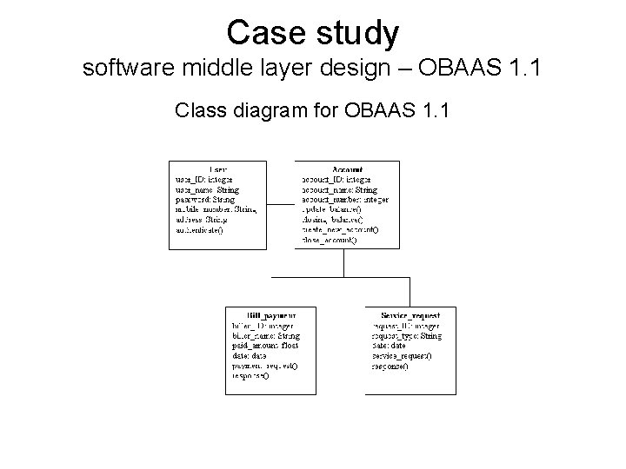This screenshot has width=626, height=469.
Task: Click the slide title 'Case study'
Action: click(x=313, y=33)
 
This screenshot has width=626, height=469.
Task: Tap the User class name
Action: click(x=219, y=168)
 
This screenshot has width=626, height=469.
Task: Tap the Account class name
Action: click(x=347, y=168)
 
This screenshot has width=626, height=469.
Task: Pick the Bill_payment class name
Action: click(x=271, y=315)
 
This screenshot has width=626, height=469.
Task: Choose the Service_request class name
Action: click(x=410, y=315)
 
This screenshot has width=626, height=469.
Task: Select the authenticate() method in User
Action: click(x=200, y=229)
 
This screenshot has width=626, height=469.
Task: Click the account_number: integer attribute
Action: click(x=344, y=199)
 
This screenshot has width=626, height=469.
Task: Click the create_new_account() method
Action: click(x=340, y=229)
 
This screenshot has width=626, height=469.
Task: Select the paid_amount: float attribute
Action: click(x=265, y=346)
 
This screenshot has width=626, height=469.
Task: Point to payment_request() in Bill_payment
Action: click(x=264, y=366)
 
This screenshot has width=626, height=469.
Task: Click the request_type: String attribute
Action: click(x=407, y=335)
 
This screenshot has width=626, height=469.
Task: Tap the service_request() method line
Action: click(x=402, y=356)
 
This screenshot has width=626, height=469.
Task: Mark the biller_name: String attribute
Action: click(x=266, y=335)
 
